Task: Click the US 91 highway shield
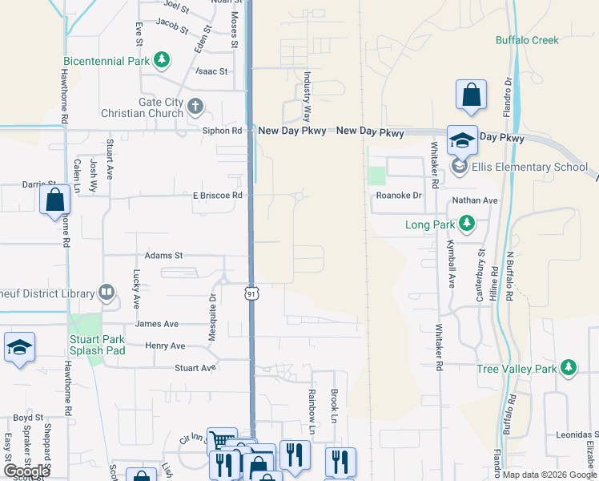pos(251,294)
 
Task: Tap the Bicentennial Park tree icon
pos(162,60)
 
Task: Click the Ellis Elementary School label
pos(529,167)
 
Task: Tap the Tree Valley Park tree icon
pos(569,368)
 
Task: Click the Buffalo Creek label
pos(526,39)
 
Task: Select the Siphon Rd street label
pos(222,131)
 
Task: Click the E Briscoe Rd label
pos(217,196)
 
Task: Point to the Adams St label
pos(163,256)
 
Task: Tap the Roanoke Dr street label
pos(399,195)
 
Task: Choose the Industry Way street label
pos(307,94)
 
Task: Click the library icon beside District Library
pos(106,293)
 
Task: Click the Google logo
pos(26,471)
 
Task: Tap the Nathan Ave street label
pos(475,200)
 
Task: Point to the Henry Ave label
pos(165,346)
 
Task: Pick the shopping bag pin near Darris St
pos(55,200)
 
